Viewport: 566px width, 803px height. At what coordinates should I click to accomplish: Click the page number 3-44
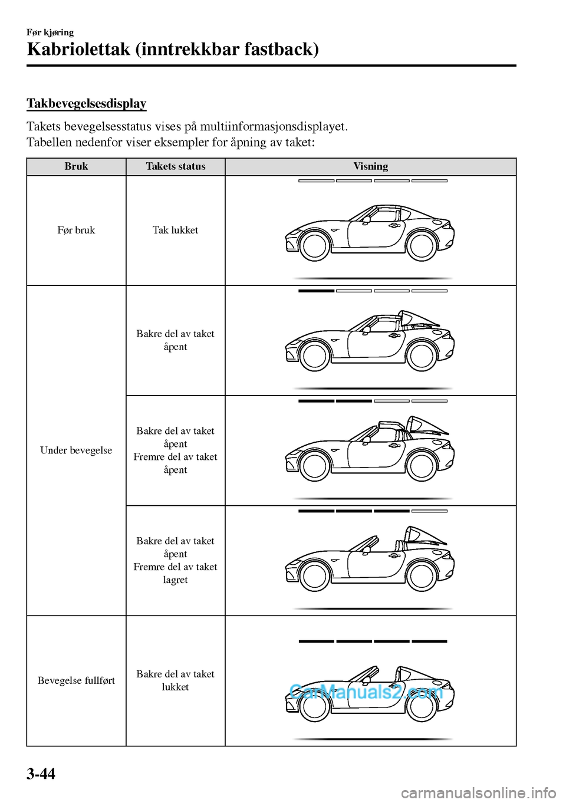click(41, 773)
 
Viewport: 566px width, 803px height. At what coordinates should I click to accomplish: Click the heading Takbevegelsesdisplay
click(86, 104)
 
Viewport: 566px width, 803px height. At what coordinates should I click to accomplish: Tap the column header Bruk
click(76, 167)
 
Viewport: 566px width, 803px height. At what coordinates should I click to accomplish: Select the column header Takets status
click(176, 167)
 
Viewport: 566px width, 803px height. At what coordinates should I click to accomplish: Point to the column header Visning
click(370, 167)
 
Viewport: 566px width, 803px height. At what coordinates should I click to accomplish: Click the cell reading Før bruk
click(76, 231)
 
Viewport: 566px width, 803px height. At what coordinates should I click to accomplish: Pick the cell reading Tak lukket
click(175, 231)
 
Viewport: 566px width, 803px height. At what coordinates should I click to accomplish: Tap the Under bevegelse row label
click(76, 450)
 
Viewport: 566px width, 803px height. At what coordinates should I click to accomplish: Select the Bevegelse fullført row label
click(76, 680)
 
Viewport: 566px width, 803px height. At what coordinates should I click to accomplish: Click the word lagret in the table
click(175, 580)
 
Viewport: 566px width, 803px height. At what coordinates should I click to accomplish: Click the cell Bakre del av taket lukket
click(175, 680)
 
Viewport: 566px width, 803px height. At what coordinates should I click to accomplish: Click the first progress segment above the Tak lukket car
click(317, 180)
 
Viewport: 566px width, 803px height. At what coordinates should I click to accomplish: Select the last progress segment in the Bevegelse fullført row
click(429, 641)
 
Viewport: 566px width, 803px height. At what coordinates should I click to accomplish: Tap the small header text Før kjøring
click(50, 32)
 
